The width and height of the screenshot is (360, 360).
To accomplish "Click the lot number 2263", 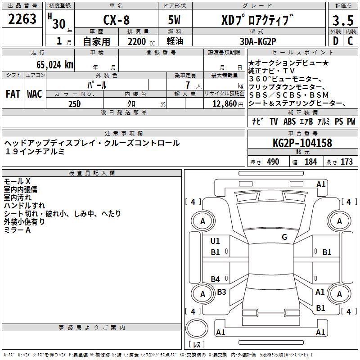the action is (22, 18).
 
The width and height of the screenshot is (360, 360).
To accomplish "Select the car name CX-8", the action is (117, 20).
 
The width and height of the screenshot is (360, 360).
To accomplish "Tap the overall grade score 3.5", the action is (343, 20).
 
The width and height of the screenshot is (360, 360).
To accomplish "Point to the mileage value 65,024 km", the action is (55, 64).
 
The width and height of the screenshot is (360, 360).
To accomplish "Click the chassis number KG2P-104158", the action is (302, 143).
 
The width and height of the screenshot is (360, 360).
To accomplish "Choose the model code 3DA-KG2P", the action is (258, 41).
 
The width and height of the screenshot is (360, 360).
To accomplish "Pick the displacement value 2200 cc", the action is (141, 41).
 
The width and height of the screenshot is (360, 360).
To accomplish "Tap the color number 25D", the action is (75, 104).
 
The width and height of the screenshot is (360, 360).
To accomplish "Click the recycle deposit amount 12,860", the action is (225, 103).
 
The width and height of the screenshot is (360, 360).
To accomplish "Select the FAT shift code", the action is (13, 94).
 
